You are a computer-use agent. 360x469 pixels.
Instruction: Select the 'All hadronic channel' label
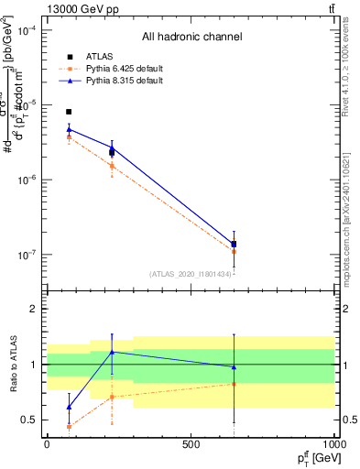pyautogui.click(x=191, y=38)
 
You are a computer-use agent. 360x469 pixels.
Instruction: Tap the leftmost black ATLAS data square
pyautogui.click(x=69, y=112)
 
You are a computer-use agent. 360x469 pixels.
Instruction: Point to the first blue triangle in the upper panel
pyautogui.click(x=69, y=129)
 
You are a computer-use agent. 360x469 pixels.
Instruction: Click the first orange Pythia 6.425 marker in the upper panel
pyautogui.click(x=69, y=137)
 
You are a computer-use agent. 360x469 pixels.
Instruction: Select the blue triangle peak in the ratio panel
pyautogui.click(x=112, y=352)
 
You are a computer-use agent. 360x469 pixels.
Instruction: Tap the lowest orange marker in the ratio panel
pyautogui.click(x=69, y=426)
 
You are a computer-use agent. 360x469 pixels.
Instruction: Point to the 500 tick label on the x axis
pyautogui.click(x=191, y=444)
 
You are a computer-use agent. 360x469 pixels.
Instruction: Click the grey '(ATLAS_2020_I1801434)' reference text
pyautogui.click(x=191, y=273)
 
